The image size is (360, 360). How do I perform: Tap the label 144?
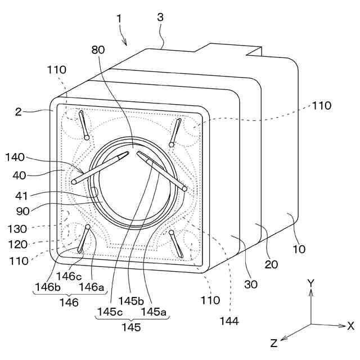[x=229, y=321]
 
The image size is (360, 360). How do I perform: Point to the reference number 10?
[x=299, y=249]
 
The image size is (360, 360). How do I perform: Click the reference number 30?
[x=251, y=284]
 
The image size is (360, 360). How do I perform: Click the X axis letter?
[x=350, y=325]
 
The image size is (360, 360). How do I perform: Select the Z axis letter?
[x=273, y=343]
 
